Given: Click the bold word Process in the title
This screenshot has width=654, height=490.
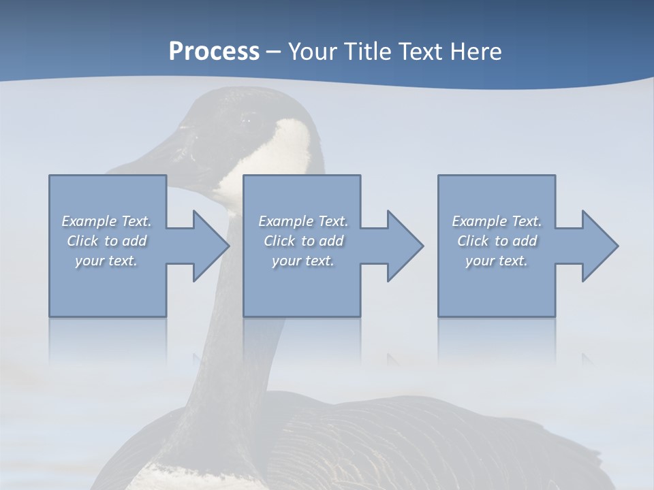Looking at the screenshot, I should coord(214,52).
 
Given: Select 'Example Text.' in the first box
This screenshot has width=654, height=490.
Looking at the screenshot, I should coord(107,221).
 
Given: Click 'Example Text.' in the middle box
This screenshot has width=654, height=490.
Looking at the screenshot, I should coord(303,221).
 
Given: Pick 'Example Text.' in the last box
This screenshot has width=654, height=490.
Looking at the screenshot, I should coord(497,221).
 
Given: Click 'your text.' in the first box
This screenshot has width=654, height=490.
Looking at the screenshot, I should coord(107,261).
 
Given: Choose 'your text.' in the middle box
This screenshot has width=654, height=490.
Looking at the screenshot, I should coord(303,261).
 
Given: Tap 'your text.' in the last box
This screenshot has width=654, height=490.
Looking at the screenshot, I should coord(497,261).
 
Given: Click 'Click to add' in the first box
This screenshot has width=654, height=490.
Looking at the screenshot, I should coord(107,241).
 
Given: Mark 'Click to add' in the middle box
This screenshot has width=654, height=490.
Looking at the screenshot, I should coord(303,241).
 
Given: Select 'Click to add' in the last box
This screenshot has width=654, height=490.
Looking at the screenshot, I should coord(497,241).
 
